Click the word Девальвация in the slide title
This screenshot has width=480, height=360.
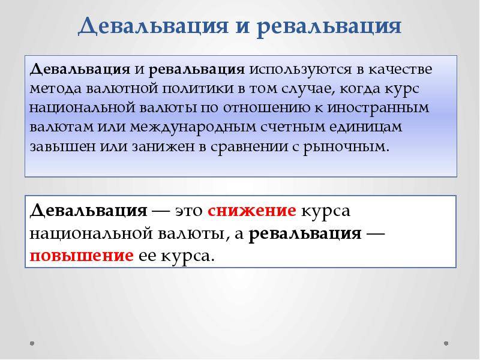[153, 26]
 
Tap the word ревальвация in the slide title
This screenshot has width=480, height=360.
[329, 26]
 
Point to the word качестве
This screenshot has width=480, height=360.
[400, 69]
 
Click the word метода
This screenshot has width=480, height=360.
[56, 89]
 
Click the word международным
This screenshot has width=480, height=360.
[193, 128]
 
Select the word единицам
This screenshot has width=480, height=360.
[366, 128]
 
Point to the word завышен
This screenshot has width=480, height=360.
[63, 147]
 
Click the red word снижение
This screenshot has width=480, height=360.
[252, 211]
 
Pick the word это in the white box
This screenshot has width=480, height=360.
[189, 212]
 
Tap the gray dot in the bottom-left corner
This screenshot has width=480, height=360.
[32, 343]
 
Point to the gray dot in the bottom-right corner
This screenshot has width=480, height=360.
[446, 343]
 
